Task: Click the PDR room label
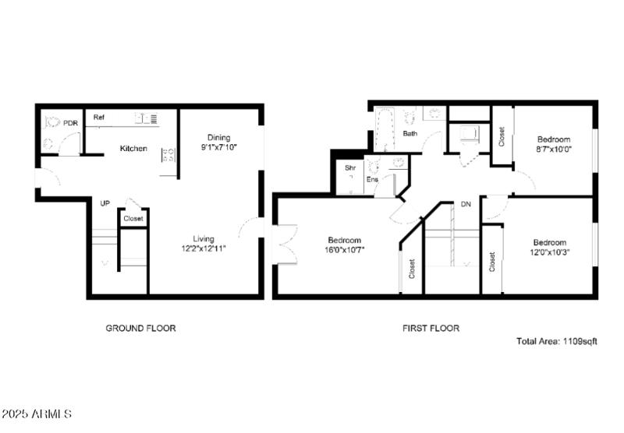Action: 71,123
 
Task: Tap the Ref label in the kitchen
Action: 99,118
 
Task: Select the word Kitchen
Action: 133,148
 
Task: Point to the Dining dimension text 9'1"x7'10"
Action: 218,147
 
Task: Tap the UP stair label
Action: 105,204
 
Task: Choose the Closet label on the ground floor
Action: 133,219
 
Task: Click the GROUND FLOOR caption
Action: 140,328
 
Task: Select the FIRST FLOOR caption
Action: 431,328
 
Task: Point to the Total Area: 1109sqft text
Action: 557,341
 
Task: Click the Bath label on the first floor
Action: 409,134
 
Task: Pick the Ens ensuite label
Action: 372,181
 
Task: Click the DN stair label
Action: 466,205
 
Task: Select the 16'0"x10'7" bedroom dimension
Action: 344,250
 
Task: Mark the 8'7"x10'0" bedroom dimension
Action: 553,148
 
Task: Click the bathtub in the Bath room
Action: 385,129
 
